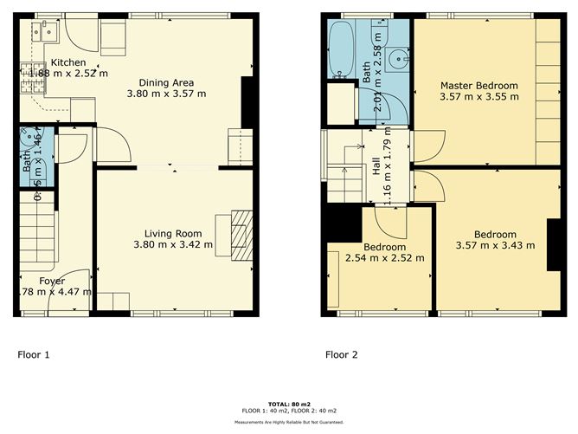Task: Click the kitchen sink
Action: coord(41,32)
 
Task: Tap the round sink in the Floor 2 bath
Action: coord(398,60)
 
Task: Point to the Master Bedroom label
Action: coord(478,85)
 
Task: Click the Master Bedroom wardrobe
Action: coord(547,91)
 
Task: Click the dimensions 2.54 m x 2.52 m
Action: coord(384,257)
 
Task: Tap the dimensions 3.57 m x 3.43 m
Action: coord(495,246)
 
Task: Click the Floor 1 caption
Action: coord(35,353)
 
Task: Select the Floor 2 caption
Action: coord(343,353)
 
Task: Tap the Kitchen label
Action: coord(67,62)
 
